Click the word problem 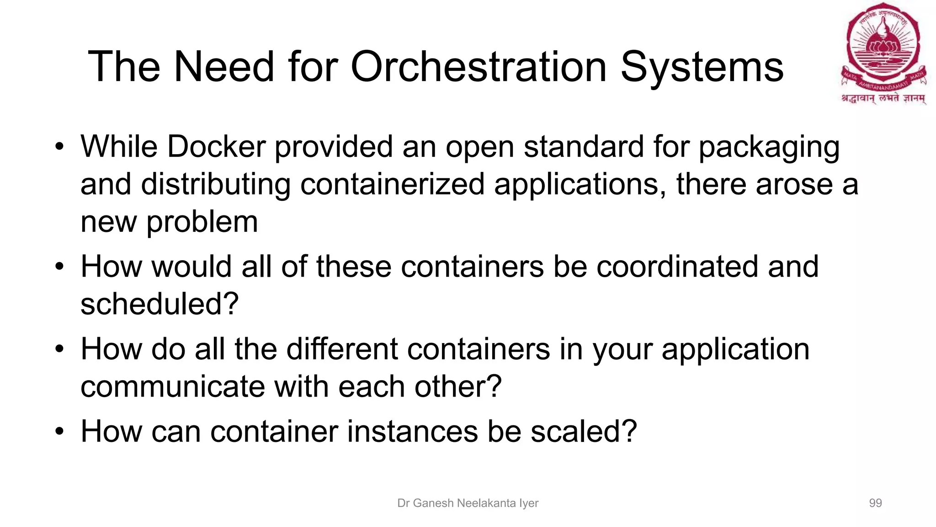(x=202, y=222)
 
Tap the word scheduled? (x=160, y=304)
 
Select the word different (x=342, y=349)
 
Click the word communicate (x=172, y=387)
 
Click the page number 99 (x=875, y=503)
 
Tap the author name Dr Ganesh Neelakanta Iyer (x=468, y=503)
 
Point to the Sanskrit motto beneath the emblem (x=883, y=98)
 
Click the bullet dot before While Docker (x=59, y=147)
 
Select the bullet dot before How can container (x=59, y=432)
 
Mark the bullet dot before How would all (x=59, y=267)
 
